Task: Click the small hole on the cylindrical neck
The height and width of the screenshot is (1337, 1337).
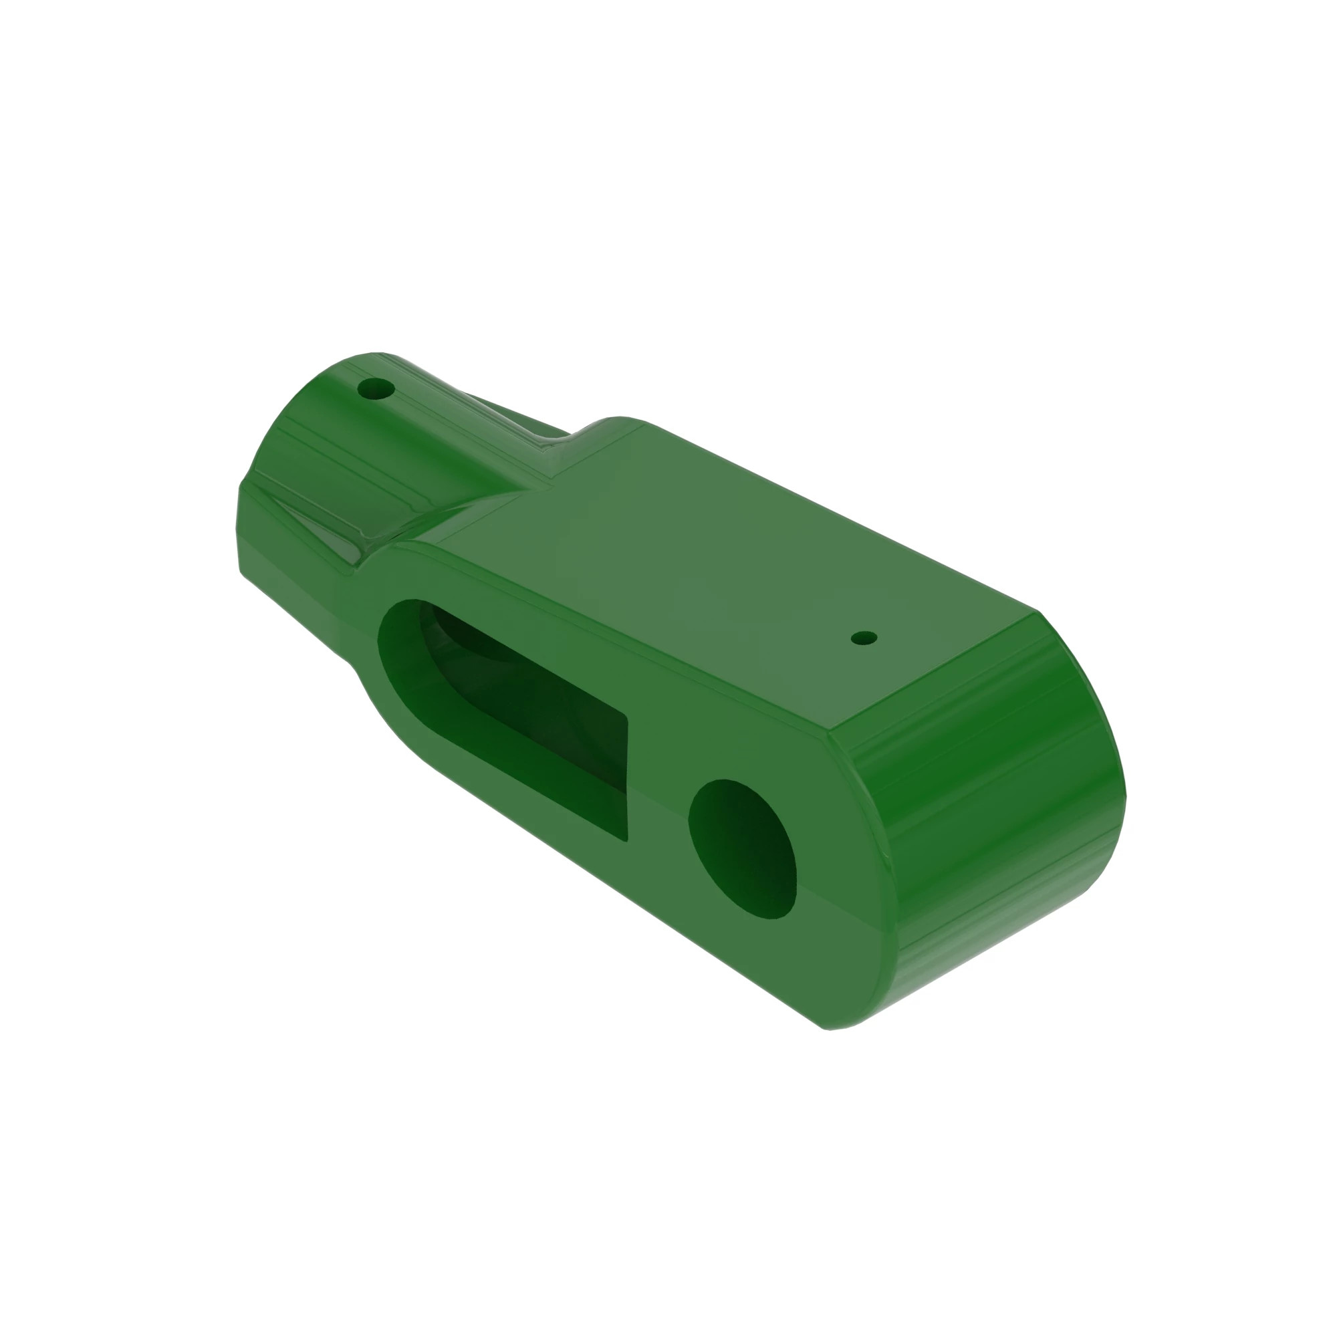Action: [376, 389]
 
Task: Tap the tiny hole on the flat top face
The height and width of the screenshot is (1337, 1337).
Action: [864, 637]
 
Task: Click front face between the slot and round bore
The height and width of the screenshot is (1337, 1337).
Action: [657, 796]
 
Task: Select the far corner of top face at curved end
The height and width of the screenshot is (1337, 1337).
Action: [1038, 612]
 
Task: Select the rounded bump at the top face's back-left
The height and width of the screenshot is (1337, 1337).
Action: [616, 424]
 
